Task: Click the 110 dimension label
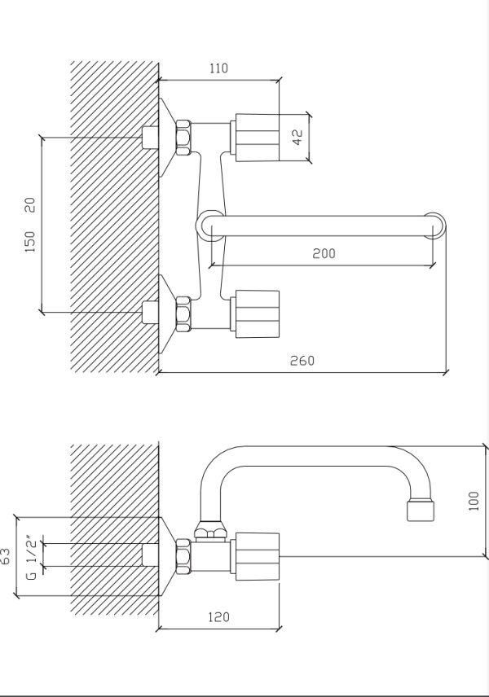point(218,68)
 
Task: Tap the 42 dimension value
point(297,137)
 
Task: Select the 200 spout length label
point(324,253)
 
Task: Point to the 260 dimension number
point(302,360)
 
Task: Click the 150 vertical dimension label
point(30,242)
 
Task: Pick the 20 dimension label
point(30,205)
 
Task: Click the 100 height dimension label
point(474,501)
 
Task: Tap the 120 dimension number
point(219,617)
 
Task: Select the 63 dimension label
point(6,556)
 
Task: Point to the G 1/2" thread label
point(31,558)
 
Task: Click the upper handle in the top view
point(254,138)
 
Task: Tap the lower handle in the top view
point(254,313)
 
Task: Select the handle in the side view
point(254,556)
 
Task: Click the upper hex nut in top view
point(183,138)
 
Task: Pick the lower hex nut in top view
point(183,314)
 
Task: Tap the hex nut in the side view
point(183,556)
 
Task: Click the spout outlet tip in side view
point(421,511)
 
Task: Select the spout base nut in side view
point(209,530)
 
